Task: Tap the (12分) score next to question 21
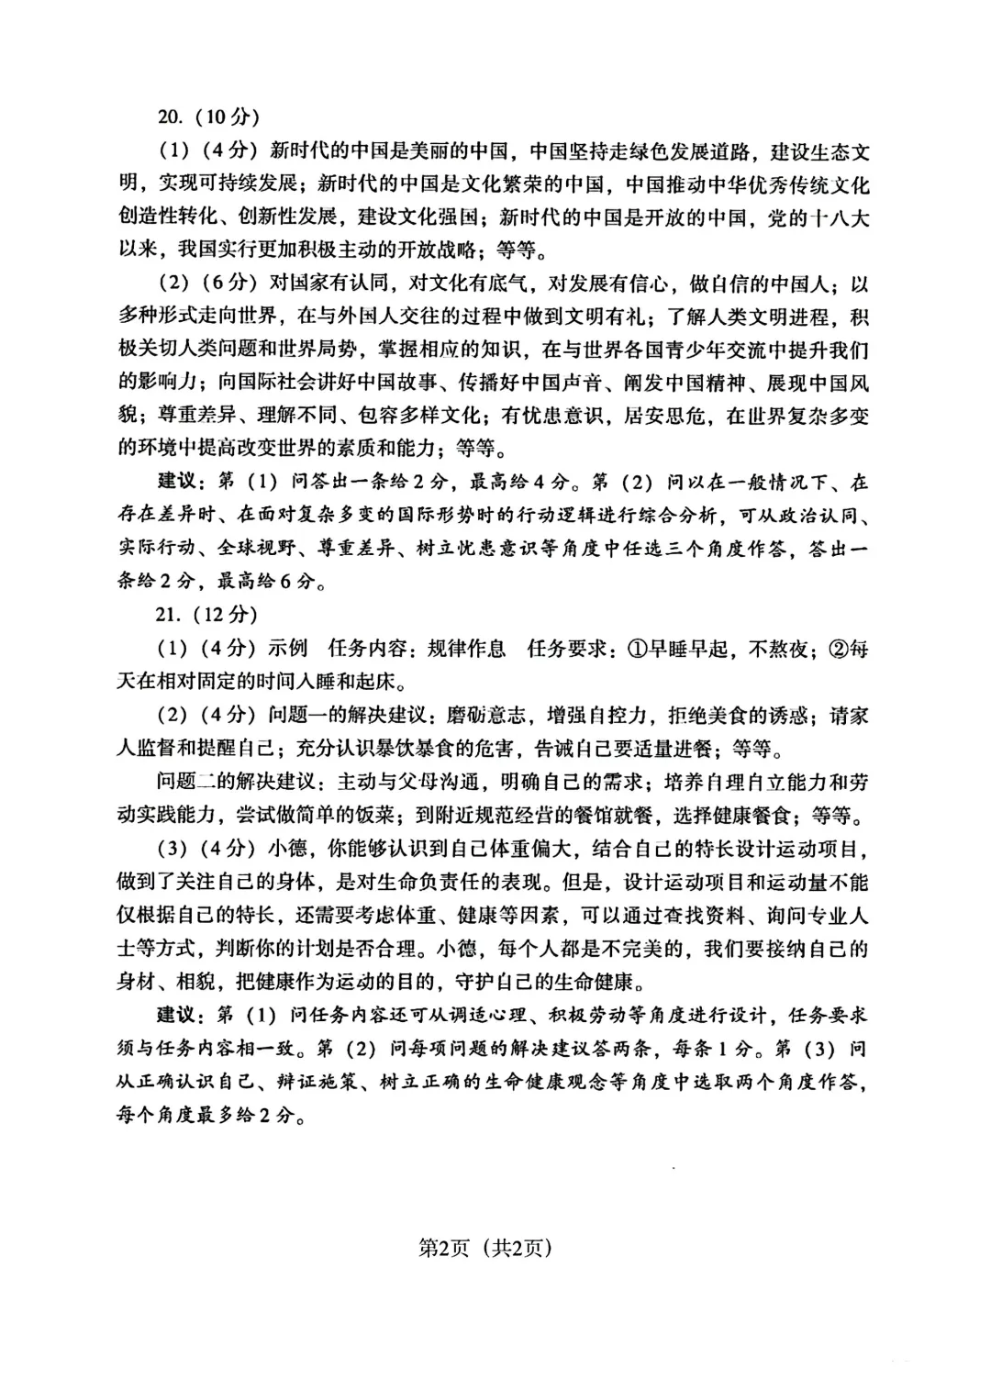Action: click(x=221, y=614)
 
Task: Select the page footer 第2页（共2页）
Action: click(x=485, y=1247)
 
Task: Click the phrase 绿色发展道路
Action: click(x=691, y=150)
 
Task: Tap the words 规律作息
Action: click(x=468, y=648)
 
